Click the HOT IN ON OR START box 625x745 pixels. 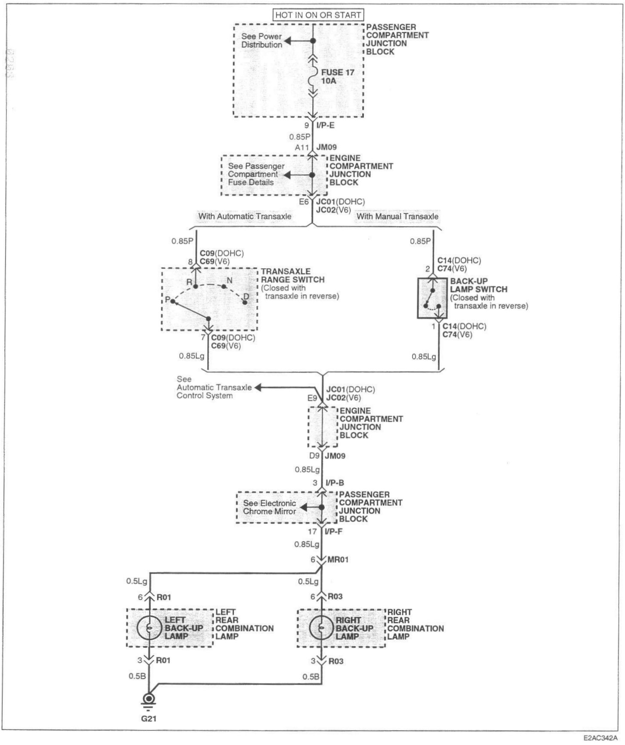(x=318, y=15)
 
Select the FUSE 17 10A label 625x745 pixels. (x=337, y=76)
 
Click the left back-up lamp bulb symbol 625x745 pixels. (x=149, y=628)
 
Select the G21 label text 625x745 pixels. (x=149, y=718)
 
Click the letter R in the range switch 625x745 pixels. (x=189, y=282)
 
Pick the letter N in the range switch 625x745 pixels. (x=230, y=281)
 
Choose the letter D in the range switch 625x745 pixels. (x=246, y=296)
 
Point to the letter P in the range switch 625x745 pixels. (x=167, y=300)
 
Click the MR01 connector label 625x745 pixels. (x=338, y=560)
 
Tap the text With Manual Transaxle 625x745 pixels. (x=397, y=216)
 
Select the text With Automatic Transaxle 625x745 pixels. (x=244, y=216)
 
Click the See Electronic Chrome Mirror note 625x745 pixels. (x=270, y=507)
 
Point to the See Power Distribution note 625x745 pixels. (x=262, y=40)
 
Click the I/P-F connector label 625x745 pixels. (x=334, y=532)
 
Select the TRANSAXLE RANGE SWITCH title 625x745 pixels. (x=292, y=276)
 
